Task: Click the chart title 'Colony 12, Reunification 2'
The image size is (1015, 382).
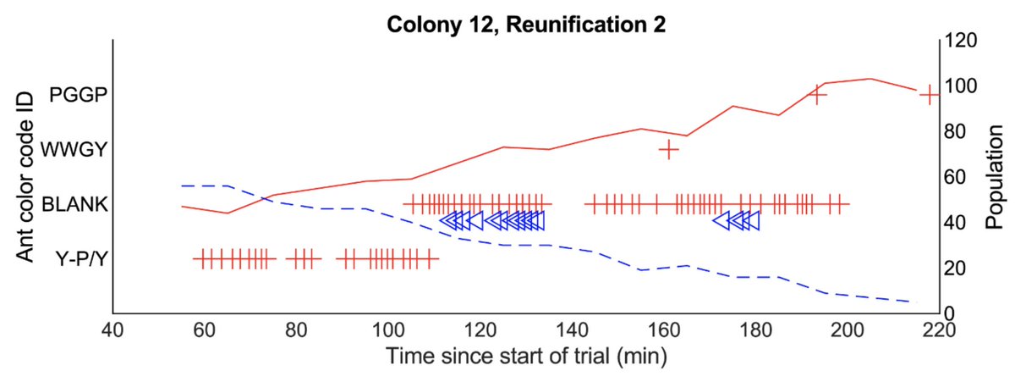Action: pos(525,25)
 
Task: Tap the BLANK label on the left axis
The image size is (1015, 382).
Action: pos(75,204)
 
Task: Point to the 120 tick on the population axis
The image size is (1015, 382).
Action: pos(961,41)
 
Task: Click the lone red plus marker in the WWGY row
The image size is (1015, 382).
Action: pos(669,150)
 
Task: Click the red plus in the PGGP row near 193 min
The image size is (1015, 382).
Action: pos(817,95)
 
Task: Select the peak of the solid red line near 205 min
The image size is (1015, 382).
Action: pos(870,79)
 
